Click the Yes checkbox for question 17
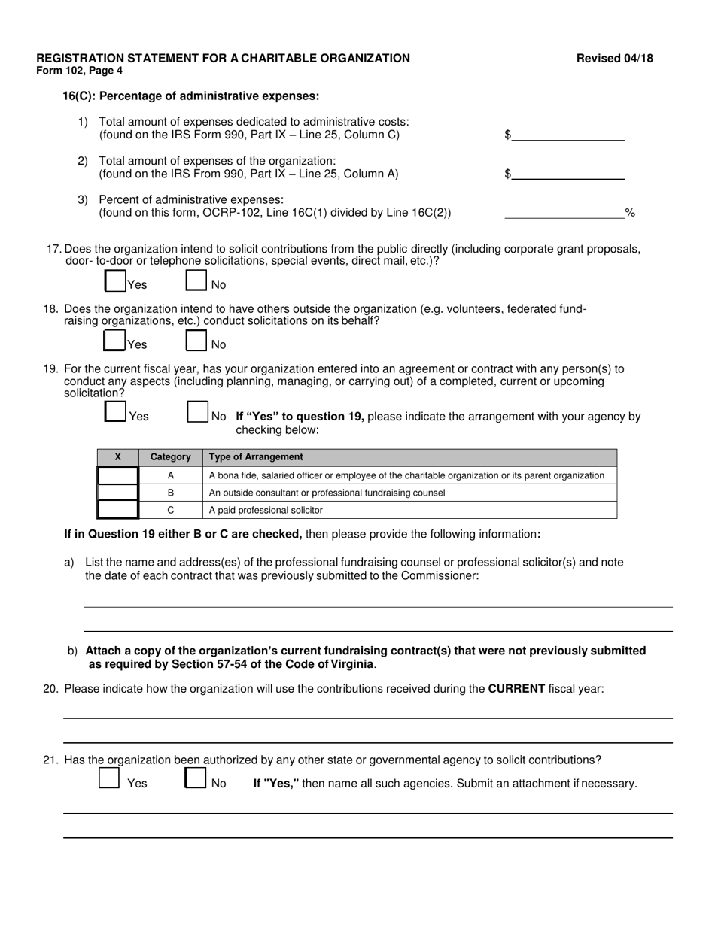coord(114,281)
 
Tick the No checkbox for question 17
coord(196,281)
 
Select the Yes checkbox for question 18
coord(114,341)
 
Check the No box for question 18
coord(196,341)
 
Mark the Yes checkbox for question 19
coord(115,412)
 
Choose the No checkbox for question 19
coord(196,412)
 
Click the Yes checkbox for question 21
coord(109,778)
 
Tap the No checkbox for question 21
coord(195,778)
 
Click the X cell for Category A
coord(118,475)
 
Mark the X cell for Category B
coord(118,493)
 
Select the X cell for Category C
coord(118,510)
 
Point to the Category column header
coord(171,457)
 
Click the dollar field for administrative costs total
coord(568,135)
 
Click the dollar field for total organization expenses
coord(568,174)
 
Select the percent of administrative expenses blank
coord(564,213)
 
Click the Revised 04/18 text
coord(615,59)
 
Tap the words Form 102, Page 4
coord(79,71)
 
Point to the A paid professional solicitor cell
coord(266,510)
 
